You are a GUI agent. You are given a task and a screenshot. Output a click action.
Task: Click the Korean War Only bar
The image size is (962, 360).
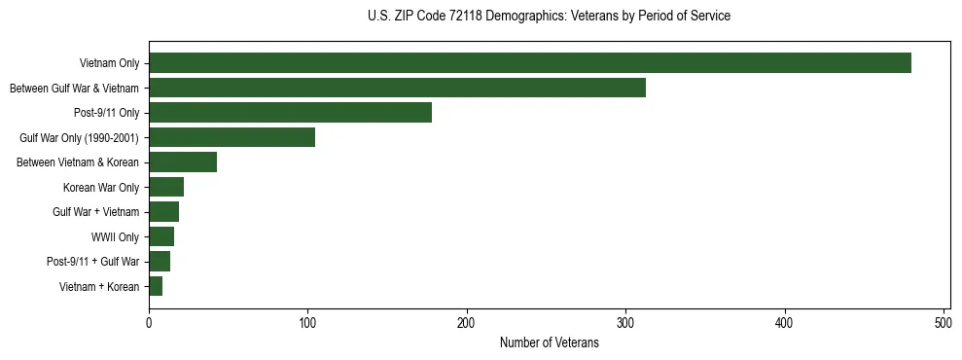166,187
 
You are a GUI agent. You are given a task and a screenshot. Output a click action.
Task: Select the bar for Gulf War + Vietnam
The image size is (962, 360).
163,212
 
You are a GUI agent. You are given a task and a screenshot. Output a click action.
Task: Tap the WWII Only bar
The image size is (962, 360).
161,236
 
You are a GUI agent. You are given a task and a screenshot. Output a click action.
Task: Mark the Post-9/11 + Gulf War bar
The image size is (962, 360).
160,262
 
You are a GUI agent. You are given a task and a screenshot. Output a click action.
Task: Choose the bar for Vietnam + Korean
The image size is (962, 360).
156,286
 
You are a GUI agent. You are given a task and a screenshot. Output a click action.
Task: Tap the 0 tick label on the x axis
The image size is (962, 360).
149,323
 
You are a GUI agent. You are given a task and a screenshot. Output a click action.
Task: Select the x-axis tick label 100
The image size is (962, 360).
307,323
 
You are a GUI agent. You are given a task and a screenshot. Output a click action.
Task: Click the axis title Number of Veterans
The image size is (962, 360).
549,342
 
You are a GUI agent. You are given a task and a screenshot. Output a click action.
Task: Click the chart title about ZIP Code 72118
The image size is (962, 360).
549,16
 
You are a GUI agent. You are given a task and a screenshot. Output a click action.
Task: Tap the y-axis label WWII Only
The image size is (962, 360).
115,236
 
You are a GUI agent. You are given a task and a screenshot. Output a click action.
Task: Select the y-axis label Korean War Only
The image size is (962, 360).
101,187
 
